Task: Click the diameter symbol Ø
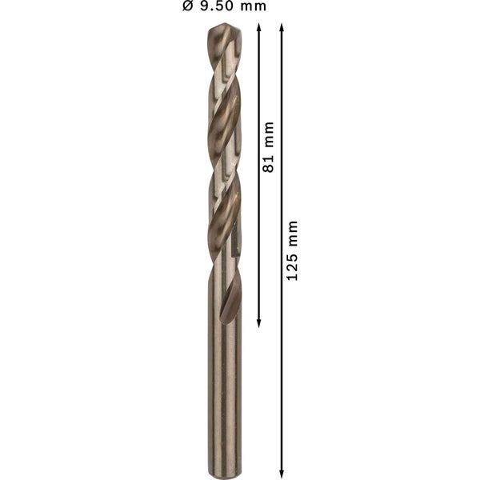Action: [187, 7]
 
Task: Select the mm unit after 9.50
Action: [254, 7]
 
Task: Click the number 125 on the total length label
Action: [293, 265]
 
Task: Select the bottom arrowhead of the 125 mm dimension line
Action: [282, 473]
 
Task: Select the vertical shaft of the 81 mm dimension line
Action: [259, 240]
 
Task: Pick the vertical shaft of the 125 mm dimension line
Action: [282, 360]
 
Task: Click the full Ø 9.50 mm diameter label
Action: [224, 7]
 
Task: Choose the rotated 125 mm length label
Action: [293, 250]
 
